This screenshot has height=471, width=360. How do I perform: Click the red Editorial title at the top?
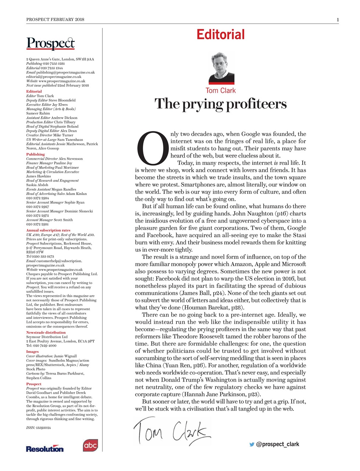pos(220,35)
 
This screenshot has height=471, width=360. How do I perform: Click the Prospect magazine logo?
pos(50,43)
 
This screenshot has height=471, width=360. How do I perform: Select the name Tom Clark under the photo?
pos(221,91)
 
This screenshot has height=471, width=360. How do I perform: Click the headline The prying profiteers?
pos(220,104)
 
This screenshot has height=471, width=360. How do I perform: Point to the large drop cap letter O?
pos(152,148)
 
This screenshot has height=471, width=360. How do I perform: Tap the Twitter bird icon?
pos(252,444)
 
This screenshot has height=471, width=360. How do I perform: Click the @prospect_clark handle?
pos(278,444)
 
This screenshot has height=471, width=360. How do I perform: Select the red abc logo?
pos(90,445)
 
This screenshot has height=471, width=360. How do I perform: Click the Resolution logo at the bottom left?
pos(44,449)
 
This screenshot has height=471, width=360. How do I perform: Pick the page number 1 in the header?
pos(338,20)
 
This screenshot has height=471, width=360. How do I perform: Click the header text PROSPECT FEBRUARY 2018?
pos(55,20)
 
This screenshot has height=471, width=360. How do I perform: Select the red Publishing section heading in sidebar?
pos(35,155)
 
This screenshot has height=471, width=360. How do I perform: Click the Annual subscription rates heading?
pos(48,230)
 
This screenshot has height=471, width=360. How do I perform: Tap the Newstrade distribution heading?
pos(46,333)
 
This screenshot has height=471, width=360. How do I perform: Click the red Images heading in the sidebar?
pos(32,352)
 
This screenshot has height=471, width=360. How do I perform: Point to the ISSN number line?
pos(39,428)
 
